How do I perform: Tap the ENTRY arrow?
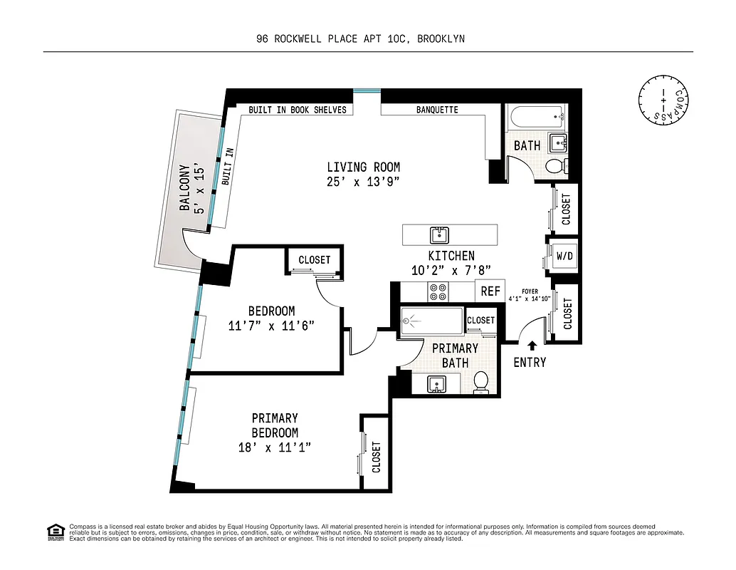pyautogui.click(x=530, y=346)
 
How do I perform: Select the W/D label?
pyautogui.click(x=564, y=255)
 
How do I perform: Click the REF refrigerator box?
pyautogui.click(x=490, y=291)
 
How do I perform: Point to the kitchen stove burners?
pyautogui.click(x=436, y=291)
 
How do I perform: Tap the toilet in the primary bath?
pyautogui.click(x=482, y=381)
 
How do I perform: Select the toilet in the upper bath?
pyautogui.click(x=555, y=166)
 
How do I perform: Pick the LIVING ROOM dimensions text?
pyautogui.click(x=363, y=182)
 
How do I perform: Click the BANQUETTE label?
pyautogui.click(x=437, y=110)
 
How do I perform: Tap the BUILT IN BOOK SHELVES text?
pyautogui.click(x=298, y=110)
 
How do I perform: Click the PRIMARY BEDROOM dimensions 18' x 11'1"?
pyautogui.click(x=275, y=447)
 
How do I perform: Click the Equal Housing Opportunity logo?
pyautogui.click(x=56, y=532)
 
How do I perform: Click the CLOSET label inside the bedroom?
pyautogui.click(x=314, y=260)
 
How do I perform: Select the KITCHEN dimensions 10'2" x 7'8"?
pyautogui.click(x=451, y=270)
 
